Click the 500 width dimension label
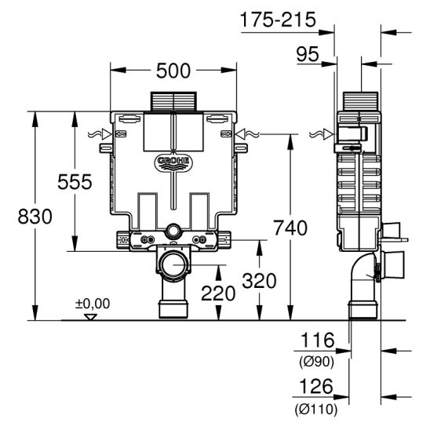tap(173, 71)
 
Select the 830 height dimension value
tap(35, 217)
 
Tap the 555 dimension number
tap(75, 181)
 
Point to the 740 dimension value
tap(290, 228)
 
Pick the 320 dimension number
tap(259, 281)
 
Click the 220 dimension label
tap(218, 293)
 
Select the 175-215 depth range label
tap(278, 20)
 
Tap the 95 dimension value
tap(308, 54)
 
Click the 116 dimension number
tap(318, 340)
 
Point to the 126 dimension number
tap(316, 386)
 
